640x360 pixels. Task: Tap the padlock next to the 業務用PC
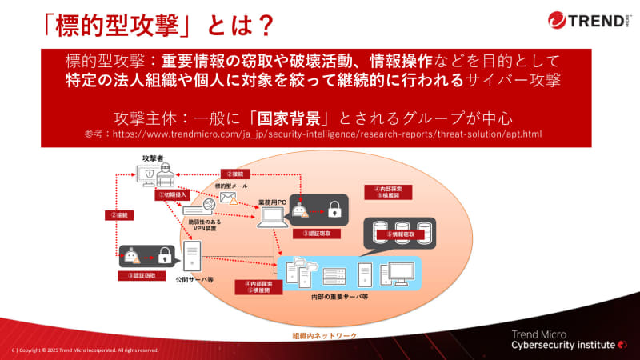[x=334, y=210]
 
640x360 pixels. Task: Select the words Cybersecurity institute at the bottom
[x=564, y=345]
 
